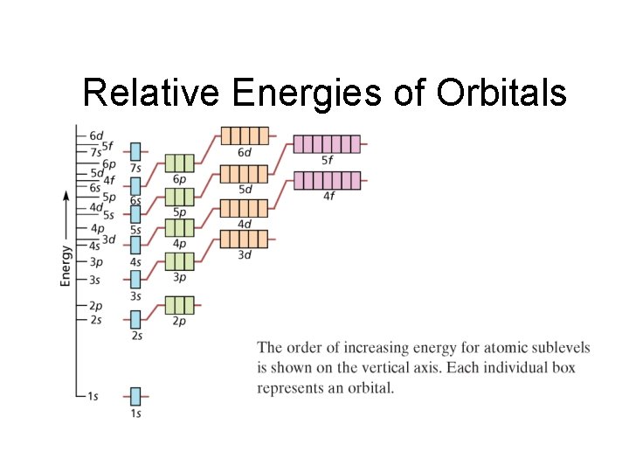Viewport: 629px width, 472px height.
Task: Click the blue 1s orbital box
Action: coord(135,396)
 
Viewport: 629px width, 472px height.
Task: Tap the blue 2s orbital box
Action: coord(135,319)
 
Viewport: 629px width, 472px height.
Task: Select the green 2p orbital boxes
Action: coord(178,305)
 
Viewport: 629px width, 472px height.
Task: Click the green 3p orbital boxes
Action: coord(178,261)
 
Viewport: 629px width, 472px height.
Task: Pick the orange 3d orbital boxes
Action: coord(244,239)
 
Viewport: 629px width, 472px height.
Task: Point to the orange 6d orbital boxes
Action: coord(244,135)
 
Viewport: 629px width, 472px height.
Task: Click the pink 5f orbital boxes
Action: coord(326,144)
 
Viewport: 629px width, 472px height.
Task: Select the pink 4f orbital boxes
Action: coord(326,180)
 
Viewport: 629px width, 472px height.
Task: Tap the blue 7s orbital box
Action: coord(135,151)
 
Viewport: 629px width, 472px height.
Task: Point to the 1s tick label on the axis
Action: coord(93,396)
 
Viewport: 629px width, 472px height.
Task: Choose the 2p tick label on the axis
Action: coord(95,305)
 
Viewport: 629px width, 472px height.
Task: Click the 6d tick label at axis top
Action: coord(96,135)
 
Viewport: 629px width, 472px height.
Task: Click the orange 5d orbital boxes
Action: coord(244,173)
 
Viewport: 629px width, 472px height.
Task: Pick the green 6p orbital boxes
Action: coord(178,163)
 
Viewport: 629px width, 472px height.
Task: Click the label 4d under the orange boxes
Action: coord(245,224)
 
